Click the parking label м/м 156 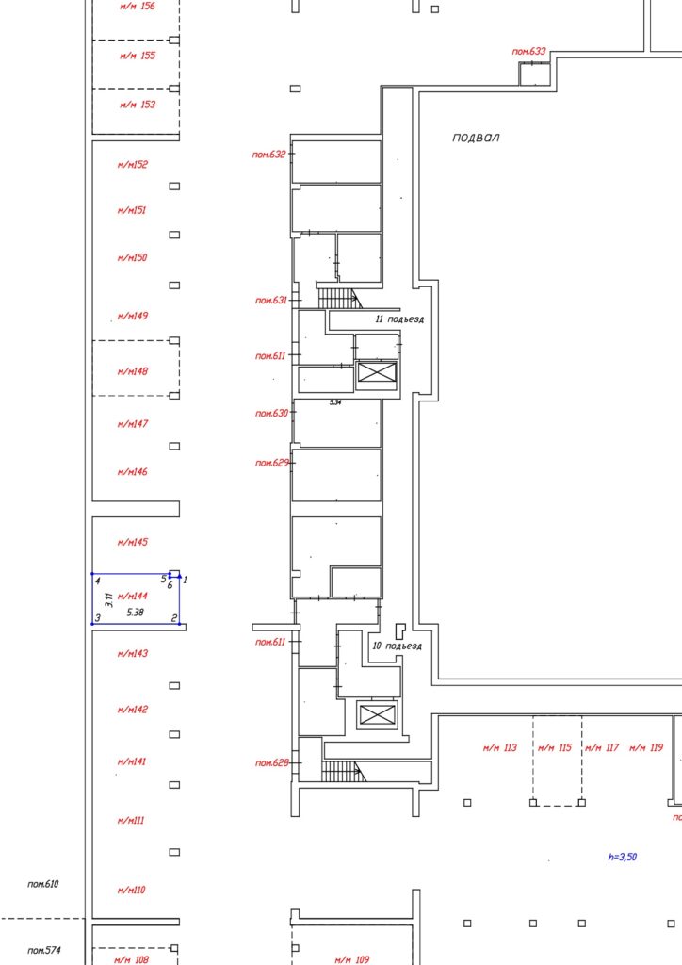click(138, 7)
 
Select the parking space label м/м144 click(132, 596)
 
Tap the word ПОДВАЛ click(476, 138)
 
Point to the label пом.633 click(528, 51)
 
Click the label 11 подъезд click(399, 319)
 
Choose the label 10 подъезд click(398, 646)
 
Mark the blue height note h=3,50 click(623, 856)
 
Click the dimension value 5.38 click(136, 613)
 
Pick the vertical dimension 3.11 click(109, 599)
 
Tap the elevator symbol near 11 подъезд click(377, 372)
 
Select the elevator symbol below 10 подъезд click(377, 715)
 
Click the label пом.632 click(268, 154)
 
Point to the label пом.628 click(272, 762)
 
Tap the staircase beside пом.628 click(343, 771)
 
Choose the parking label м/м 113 click(500, 747)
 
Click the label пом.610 click(43, 884)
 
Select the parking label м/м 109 click(352, 959)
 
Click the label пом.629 click(272, 462)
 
